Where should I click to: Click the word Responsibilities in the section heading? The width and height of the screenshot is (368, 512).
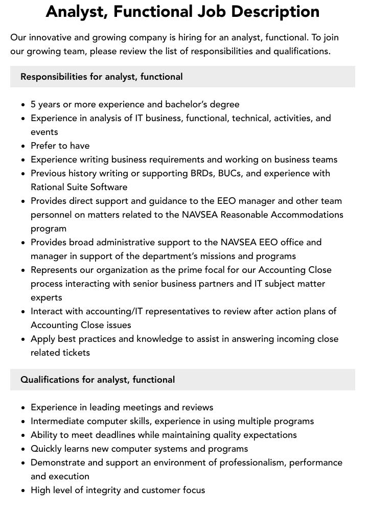click(x=54, y=77)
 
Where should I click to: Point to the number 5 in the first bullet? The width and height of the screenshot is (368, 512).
click(x=33, y=104)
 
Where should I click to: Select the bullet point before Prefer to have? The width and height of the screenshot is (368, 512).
click(x=24, y=146)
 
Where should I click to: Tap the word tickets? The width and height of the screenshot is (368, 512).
click(x=76, y=353)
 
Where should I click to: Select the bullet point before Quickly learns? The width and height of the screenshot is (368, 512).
click(x=24, y=449)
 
